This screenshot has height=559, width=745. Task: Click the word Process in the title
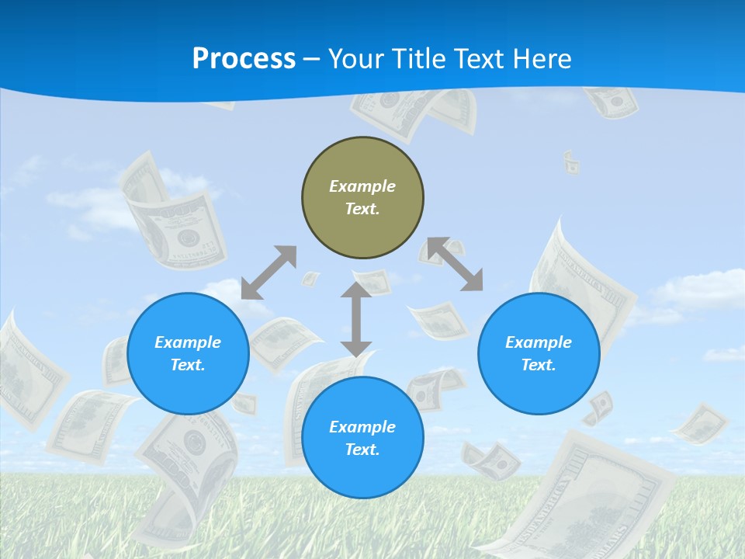(x=244, y=59)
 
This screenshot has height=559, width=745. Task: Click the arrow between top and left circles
(x=269, y=273)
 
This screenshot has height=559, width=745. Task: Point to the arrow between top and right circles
(x=456, y=264)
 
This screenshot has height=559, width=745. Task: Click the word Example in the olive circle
(x=362, y=186)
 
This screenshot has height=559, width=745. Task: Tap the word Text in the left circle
(x=188, y=365)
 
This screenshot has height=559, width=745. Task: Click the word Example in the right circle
(x=539, y=342)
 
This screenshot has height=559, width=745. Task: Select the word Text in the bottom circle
(x=362, y=450)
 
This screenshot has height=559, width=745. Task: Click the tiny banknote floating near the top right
(x=571, y=162)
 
